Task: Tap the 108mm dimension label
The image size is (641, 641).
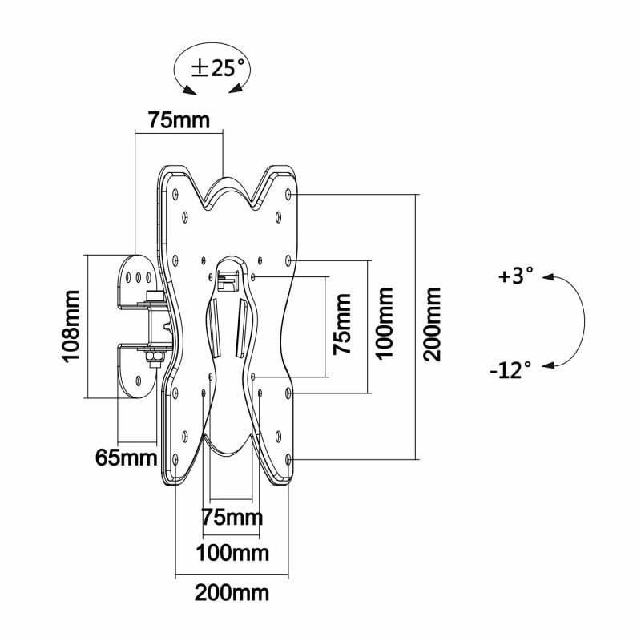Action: (x=71, y=326)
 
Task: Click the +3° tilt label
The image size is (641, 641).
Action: (x=514, y=277)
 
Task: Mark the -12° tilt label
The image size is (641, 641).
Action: (x=510, y=369)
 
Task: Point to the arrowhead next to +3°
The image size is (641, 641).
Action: (x=548, y=278)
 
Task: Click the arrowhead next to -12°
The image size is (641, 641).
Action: (x=548, y=367)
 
